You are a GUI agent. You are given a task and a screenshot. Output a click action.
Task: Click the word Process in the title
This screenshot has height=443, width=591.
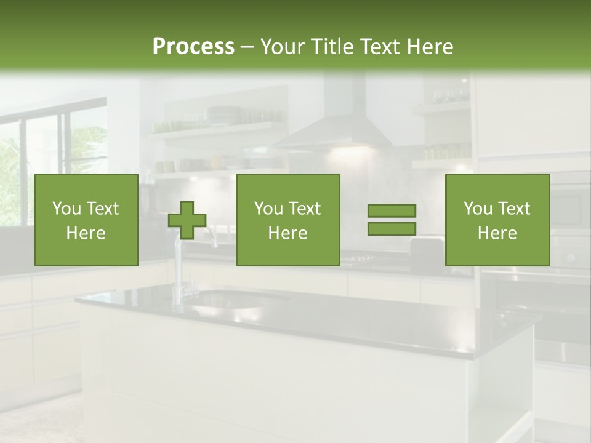pos(193,47)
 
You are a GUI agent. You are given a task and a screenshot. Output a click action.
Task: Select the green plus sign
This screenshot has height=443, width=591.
pos(187,220)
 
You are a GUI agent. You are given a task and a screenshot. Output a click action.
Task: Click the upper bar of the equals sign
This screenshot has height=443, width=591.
pos(392,211)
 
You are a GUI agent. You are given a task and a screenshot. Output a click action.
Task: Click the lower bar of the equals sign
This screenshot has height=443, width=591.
pos(392,229)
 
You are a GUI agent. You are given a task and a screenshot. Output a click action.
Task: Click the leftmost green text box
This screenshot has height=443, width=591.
pos(86,220)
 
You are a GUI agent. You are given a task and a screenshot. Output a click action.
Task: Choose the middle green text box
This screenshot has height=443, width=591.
pos(287,220)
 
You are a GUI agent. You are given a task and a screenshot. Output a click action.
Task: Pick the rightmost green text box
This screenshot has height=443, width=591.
pos(497,220)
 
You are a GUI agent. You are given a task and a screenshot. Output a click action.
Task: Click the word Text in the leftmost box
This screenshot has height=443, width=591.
pos(102,209)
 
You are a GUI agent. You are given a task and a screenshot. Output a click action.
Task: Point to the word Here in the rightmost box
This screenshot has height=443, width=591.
pos(497,233)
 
